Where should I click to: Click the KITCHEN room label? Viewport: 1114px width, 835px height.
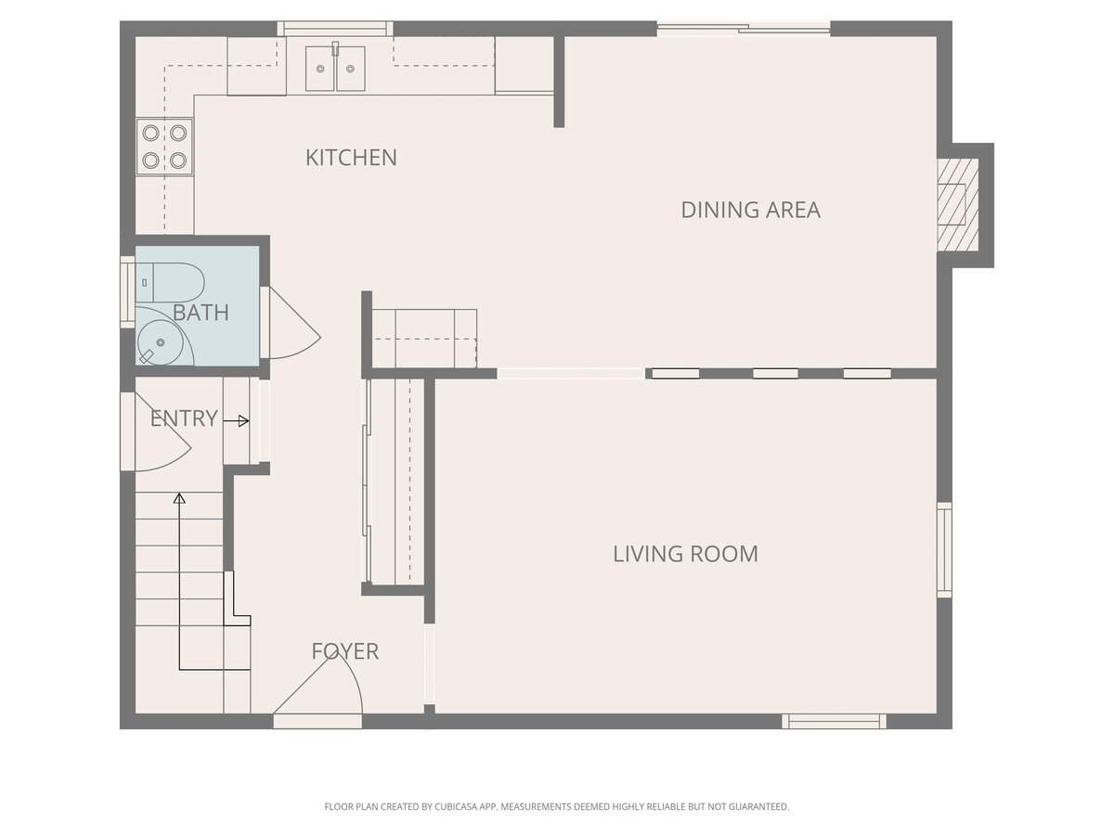click(351, 158)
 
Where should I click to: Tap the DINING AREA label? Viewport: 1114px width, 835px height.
click(751, 210)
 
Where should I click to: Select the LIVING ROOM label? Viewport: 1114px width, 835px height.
click(686, 554)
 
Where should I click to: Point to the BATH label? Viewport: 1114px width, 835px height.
click(201, 313)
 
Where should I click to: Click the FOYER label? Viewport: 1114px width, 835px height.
click(345, 651)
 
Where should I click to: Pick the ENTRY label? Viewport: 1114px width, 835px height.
click(184, 418)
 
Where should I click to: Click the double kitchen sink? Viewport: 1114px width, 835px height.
click(335, 68)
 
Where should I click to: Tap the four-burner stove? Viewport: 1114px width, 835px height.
click(164, 147)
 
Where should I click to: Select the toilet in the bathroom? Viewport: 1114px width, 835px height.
click(170, 282)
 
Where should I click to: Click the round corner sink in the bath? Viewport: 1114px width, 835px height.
click(161, 342)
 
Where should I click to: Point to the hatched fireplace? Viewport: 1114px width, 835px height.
click(957, 204)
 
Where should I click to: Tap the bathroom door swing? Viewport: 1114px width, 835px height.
click(294, 324)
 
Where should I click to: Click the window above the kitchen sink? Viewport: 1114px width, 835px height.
click(335, 29)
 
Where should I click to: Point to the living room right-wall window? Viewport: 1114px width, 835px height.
click(944, 550)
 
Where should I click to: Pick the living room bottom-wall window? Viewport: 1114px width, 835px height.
click(834, 721)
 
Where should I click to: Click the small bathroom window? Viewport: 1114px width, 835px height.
click(127, 292)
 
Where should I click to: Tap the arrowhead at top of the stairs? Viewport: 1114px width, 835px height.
click(179, 498)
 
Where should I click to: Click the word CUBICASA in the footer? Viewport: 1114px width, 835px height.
click(455, 806)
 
